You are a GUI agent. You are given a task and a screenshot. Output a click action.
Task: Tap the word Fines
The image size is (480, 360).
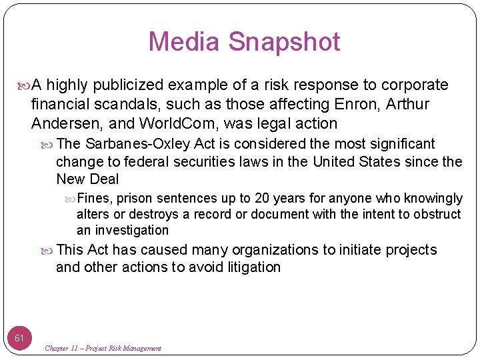pyautogui.click(x=95, y=199)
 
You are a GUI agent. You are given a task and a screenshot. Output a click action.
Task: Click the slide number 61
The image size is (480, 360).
pyautogui.click(x=20, y=338)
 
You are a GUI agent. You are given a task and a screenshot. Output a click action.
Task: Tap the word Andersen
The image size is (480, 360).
pyautogui.click(x=59, y=123)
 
